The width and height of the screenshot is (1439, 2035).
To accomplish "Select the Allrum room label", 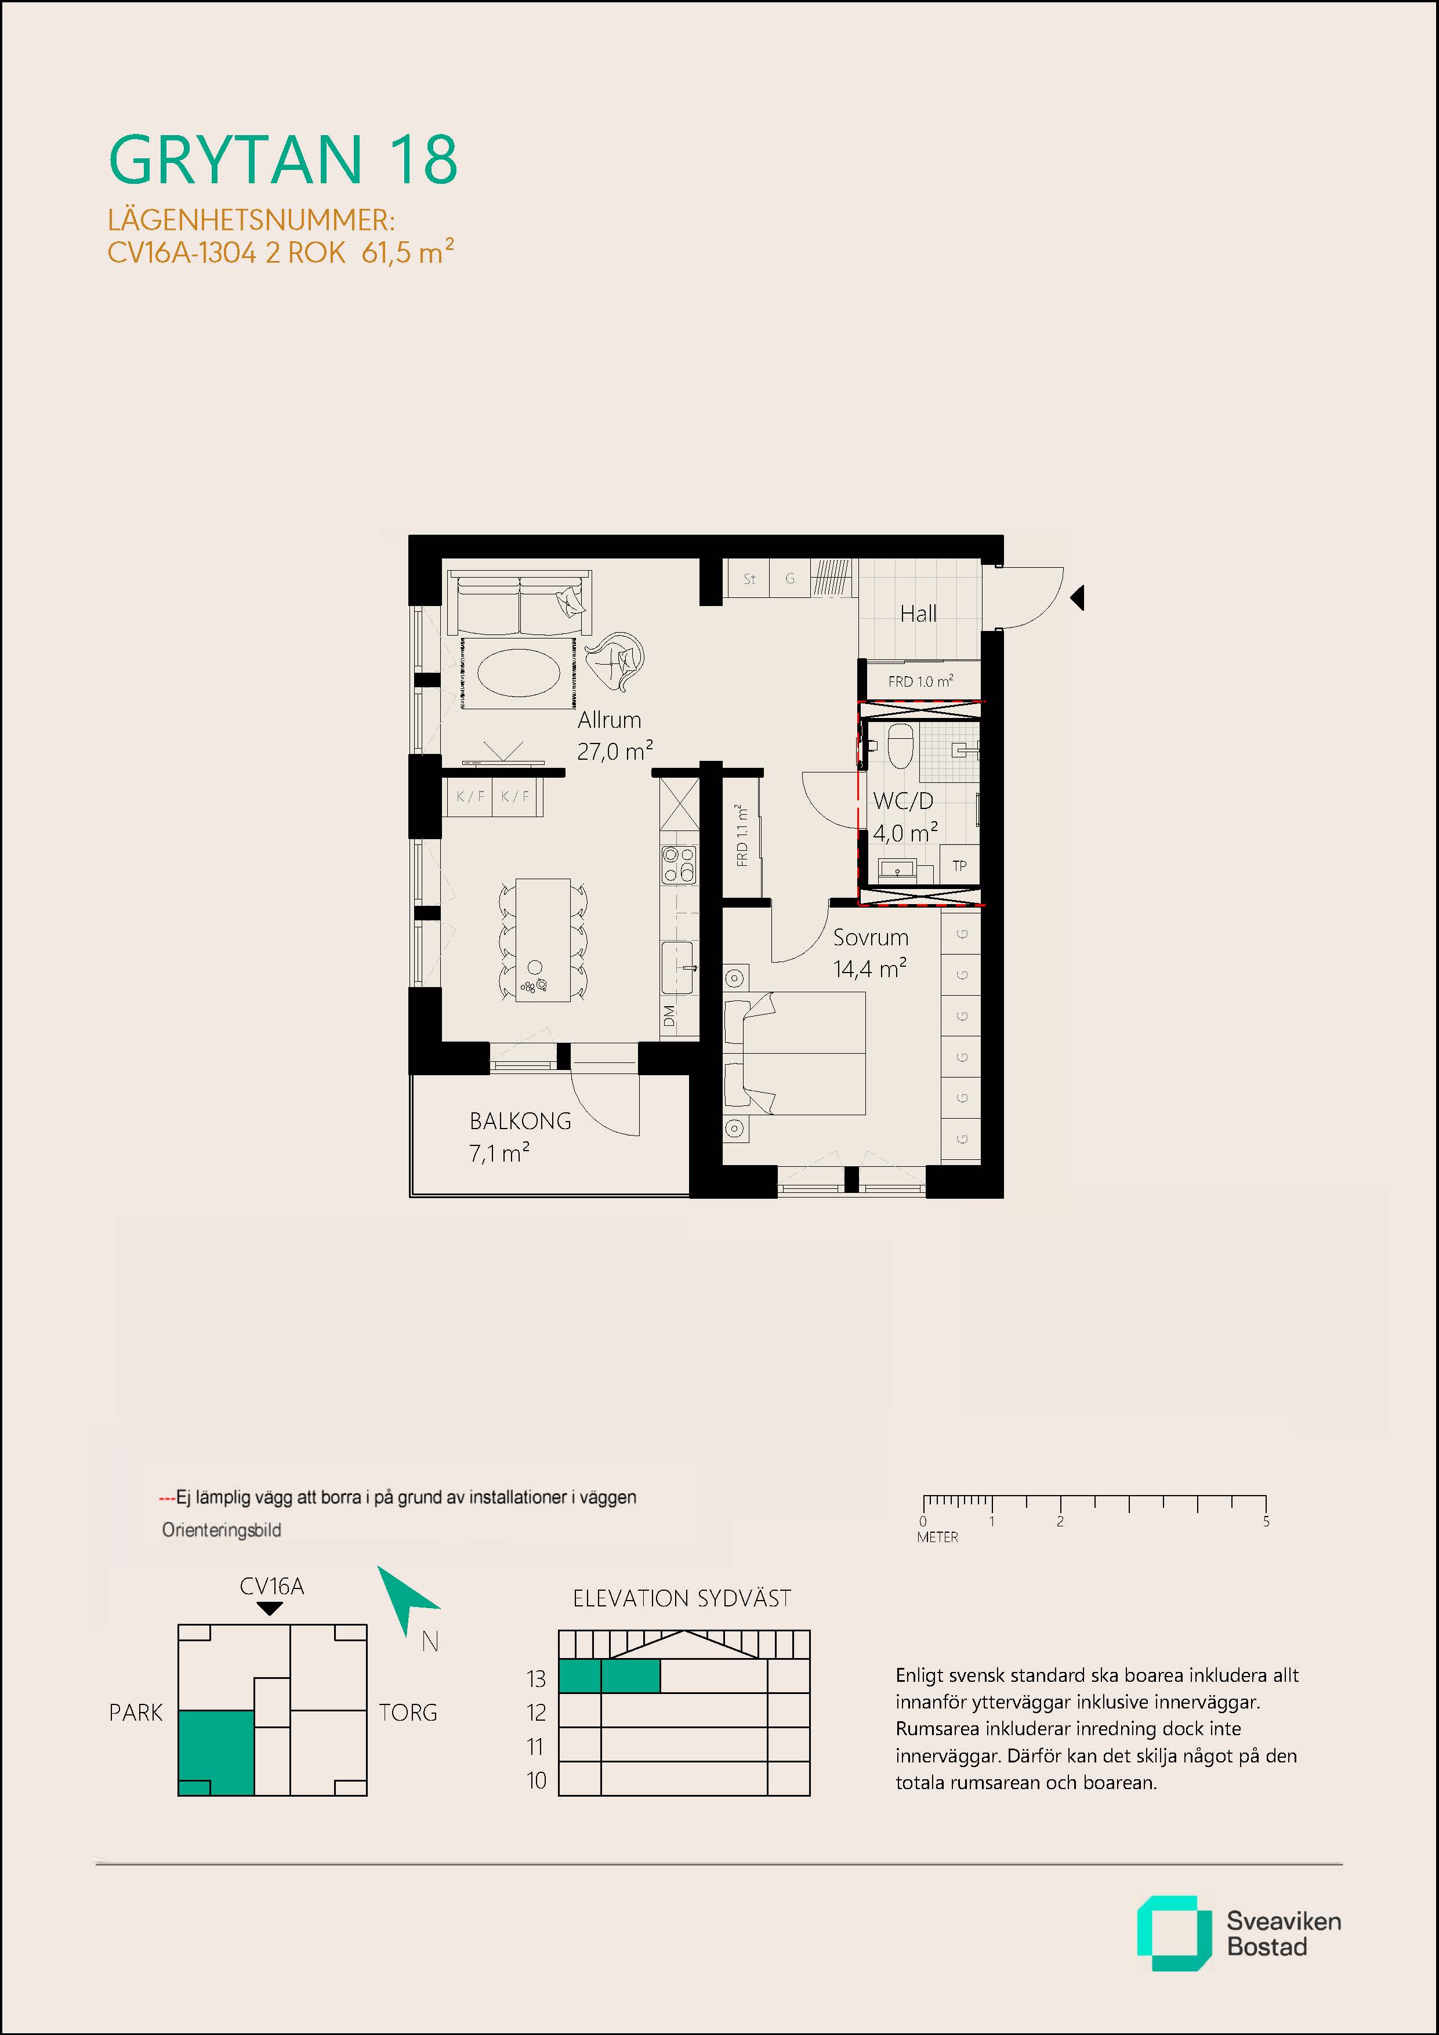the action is (x=609, y=720).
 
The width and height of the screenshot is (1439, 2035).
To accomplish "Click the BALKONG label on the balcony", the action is (x=520, y=1121).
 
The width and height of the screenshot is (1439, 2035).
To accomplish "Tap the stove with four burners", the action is (x=678, y=864).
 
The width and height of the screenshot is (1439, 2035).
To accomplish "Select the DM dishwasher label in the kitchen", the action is (x=669, y=1017).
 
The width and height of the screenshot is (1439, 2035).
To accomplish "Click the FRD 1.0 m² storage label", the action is (x=920, y=681).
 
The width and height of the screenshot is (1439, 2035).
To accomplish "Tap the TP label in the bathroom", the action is (x=959, y=866).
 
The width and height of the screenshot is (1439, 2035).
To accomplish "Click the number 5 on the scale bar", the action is (x=1266, y=1521).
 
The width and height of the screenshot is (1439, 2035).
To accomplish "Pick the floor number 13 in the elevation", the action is (x=537, y=1679).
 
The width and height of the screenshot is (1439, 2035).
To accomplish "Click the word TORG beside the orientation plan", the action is (x=408, y=1713).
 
